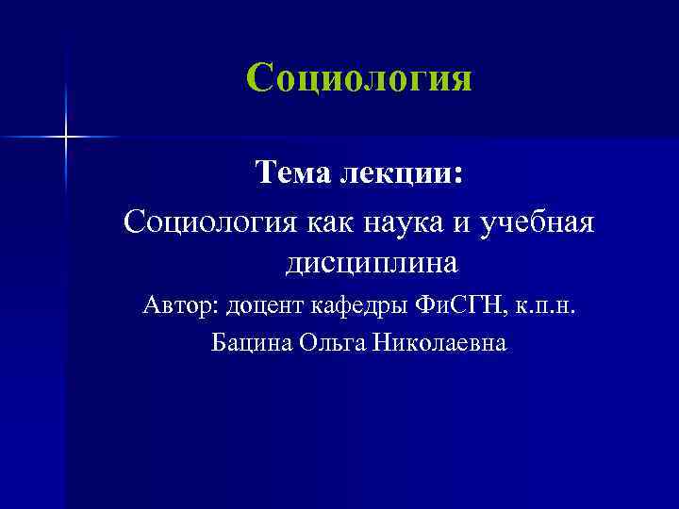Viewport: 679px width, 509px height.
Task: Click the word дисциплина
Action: (371, 262)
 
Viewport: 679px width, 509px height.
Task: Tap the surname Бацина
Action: (252, 344)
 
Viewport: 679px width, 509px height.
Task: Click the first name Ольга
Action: (333, 344)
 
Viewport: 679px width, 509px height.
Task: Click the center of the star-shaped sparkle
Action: (66, 138)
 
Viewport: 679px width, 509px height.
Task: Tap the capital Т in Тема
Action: (267, 173)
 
